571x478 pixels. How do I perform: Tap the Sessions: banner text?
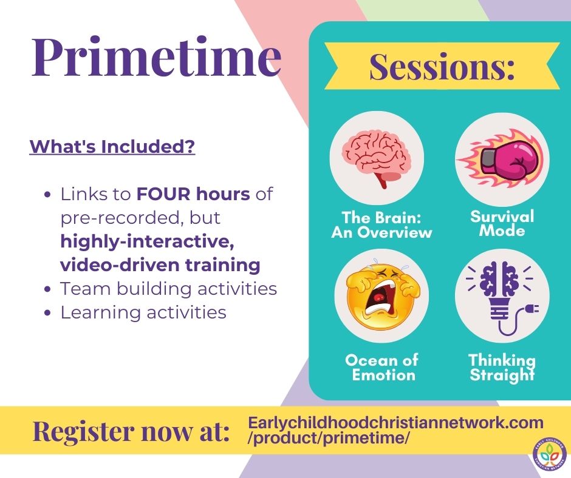442,67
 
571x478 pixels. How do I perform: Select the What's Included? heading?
112,146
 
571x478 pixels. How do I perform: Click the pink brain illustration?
376,159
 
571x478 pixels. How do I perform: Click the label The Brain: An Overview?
381,224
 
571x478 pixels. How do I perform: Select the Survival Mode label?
502,223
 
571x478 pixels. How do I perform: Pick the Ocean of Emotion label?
382,367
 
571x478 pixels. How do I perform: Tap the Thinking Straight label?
502,367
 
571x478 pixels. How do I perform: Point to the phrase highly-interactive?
147,241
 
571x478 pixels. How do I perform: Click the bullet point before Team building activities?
47,289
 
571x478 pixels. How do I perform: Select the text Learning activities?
143,312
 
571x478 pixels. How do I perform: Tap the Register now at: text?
131,431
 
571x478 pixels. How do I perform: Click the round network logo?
550,456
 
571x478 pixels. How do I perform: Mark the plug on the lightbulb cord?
532,309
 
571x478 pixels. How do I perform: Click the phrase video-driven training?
160,264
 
